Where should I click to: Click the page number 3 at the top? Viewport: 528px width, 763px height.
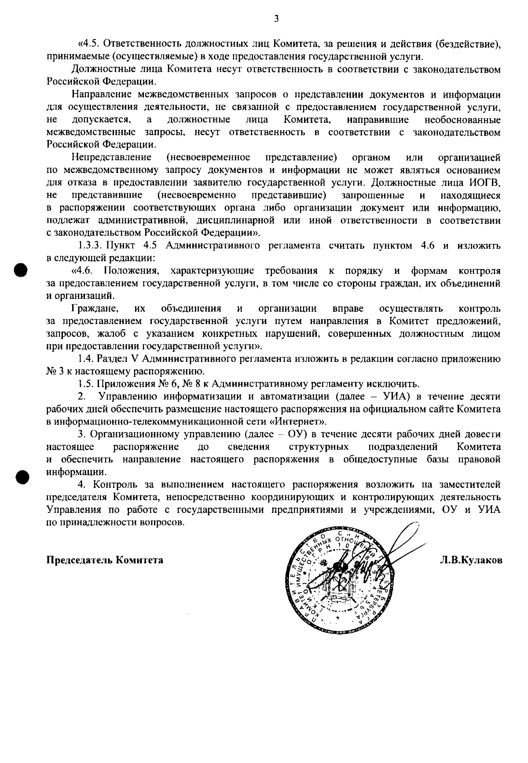pyautogui.click(x=276, y=18)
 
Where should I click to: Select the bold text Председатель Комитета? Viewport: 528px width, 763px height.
pyautogui.click(x=105, y=560)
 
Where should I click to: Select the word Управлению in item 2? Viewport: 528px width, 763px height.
pyautogui.click(x=128, y=396)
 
